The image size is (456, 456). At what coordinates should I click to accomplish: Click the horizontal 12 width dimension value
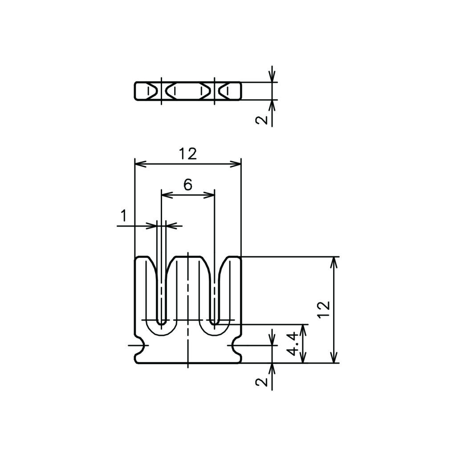click(x=188, y=154)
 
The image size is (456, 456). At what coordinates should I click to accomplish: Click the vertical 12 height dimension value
click(x=325, y=310)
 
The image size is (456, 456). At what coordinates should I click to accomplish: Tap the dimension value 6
click(x=188, y=184)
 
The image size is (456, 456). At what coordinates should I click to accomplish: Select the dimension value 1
click(x=124, y=216)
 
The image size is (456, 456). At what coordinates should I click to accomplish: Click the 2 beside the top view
click(x=261, y=119)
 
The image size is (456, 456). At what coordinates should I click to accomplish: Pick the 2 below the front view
click(x=261, y=382)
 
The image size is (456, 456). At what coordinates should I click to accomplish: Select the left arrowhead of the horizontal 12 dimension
click(x=140, y=164)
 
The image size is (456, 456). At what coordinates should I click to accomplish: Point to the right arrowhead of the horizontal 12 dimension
click(x=236, y=164)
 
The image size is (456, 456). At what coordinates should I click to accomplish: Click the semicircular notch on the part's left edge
click(x=140, y=346)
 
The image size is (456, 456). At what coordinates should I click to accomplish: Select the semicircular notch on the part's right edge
click(x=236, y=346)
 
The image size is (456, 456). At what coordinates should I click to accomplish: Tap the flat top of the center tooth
click(x=188, y=256)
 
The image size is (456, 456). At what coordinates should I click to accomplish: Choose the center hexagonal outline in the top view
click(x=188, y=91)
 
